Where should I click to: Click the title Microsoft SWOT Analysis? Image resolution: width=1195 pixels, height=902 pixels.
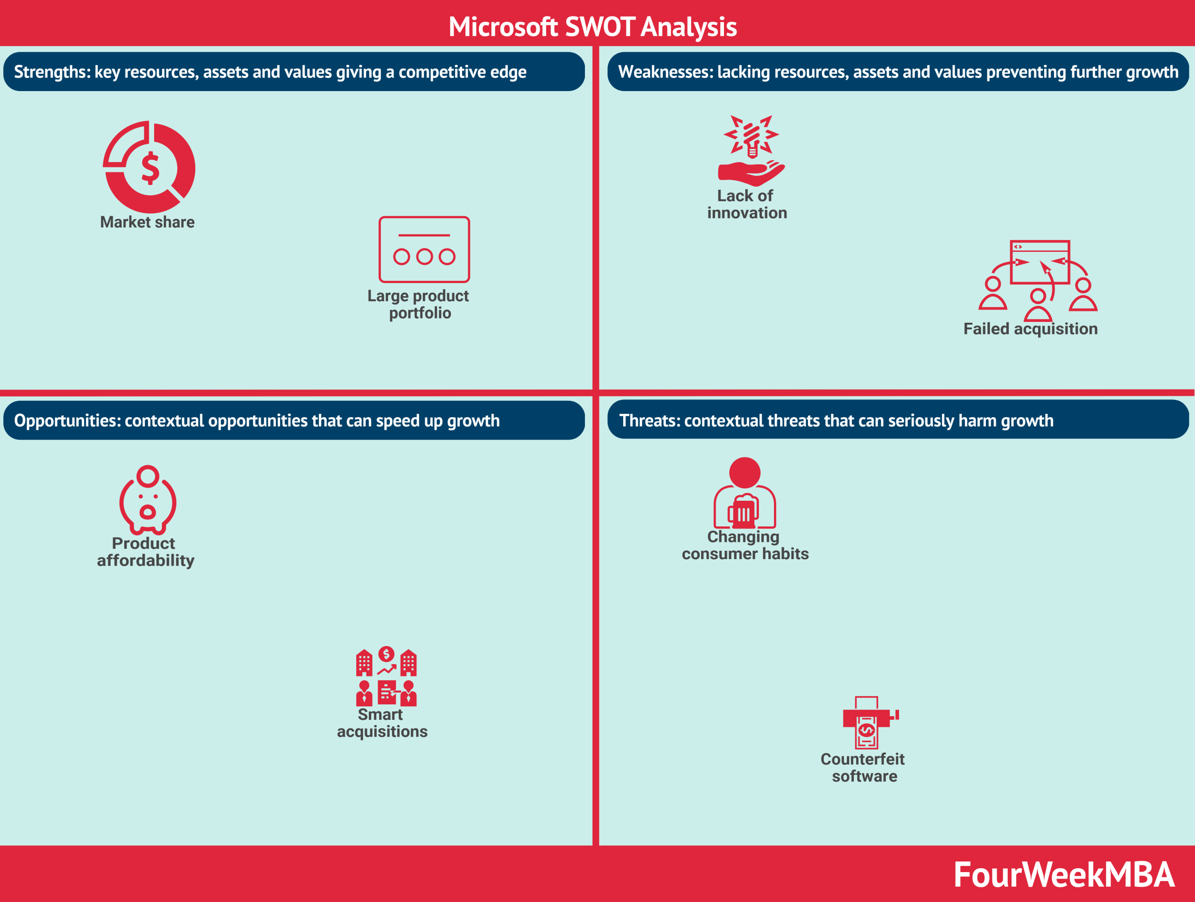click(x=593, y=27)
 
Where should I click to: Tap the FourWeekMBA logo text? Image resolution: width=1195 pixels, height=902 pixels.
click(x=1064, y=874)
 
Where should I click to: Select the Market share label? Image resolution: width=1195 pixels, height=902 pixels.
click(x=148, y=222)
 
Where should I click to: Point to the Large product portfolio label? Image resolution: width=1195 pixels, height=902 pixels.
click(x=418, y=304)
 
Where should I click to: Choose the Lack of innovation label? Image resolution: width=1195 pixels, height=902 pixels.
click(x=747, y=204)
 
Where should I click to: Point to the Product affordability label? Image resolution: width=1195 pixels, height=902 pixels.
click(x=145, y=552)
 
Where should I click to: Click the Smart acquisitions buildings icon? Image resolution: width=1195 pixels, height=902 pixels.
click(x=386, y=676)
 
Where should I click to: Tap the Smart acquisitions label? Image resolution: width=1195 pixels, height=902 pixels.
click(x=382, y=723)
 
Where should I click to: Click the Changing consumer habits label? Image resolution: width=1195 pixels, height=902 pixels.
click(x=745, y=545)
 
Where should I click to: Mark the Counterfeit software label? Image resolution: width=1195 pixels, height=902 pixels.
click(x=863, y=767)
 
